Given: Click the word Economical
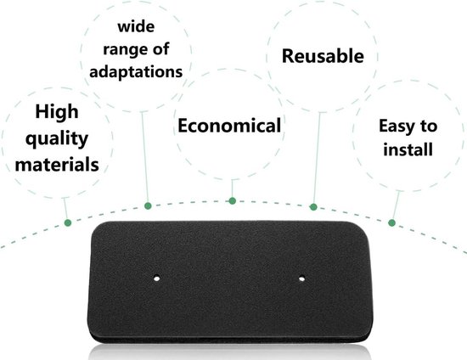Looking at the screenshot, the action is click(229, 126).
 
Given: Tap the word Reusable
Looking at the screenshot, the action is click(323, 56).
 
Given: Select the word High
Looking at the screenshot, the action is click(57, 113).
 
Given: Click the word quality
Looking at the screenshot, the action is click(57, 139).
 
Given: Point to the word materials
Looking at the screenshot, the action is click(57, 165).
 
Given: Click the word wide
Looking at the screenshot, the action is click(136, 26).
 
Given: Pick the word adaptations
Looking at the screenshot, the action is click(136, 72).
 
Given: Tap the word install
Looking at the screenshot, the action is click(408, 149).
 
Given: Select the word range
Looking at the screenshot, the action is click(124, 50).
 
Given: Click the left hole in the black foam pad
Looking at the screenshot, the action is click(157, 278).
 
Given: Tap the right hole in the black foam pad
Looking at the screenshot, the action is click(301, 278).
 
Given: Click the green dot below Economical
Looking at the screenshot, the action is click(233, 201).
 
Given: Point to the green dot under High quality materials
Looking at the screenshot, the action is click(68, 222).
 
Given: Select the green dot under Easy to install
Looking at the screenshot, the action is click(392, 222).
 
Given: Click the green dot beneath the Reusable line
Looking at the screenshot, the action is click(313, 207).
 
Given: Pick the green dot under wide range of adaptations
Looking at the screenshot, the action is click(148, 205).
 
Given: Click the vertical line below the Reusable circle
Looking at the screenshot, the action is click(317, 158).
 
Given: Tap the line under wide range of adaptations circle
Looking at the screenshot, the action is click(145, 157).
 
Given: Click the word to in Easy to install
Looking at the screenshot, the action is click(429, 127).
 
